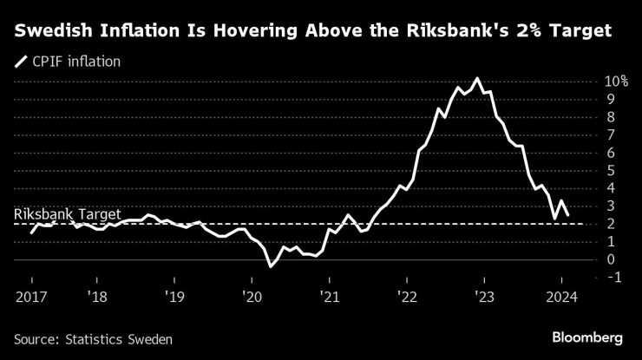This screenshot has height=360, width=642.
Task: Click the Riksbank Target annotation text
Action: pos(67,214)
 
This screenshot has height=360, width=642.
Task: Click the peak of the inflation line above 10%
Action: pos(476,78)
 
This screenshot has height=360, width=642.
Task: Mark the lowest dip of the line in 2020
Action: pos(270,266)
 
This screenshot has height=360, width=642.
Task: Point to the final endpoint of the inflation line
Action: pos(567,214)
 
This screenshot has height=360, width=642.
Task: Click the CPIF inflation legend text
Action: pos(75,62)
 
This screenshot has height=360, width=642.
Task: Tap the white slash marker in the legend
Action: pos(20,62)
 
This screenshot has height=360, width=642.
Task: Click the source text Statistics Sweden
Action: pos(92,338)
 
